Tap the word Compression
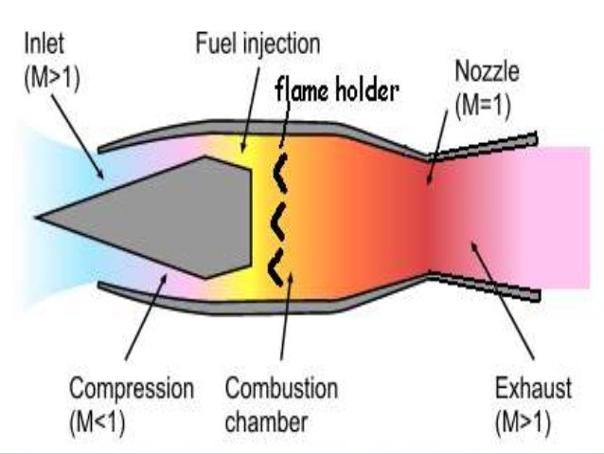point(131,390)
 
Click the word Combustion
point(281,390)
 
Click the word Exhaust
point(533,390)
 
